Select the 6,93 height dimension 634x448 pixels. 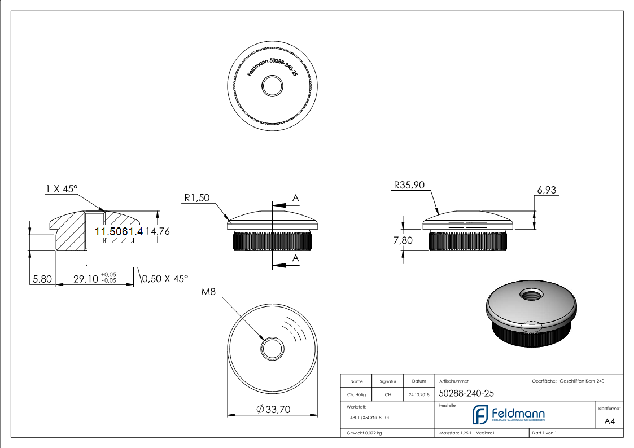click(x=546, y=191)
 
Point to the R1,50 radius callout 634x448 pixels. click(x=196, y=198)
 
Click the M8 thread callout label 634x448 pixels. click(x=209, y=292)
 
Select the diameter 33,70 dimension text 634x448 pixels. click(x=273, y=410)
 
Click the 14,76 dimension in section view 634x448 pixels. click(x=158, y=231)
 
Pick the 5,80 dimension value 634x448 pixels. click(x=42, y=279)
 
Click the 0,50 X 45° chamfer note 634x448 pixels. click(x=165, y=279)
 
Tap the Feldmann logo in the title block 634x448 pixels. click(x=508, y=415)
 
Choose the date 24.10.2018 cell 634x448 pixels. click(x=418, y=395)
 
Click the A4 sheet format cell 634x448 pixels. click(x=610, y=421)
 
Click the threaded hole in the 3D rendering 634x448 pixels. click(x=531, y=294)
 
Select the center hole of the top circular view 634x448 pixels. click(x=273, y=86)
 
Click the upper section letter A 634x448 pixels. click(x=295, y=197)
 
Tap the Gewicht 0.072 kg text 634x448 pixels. click(x=365, y=433)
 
